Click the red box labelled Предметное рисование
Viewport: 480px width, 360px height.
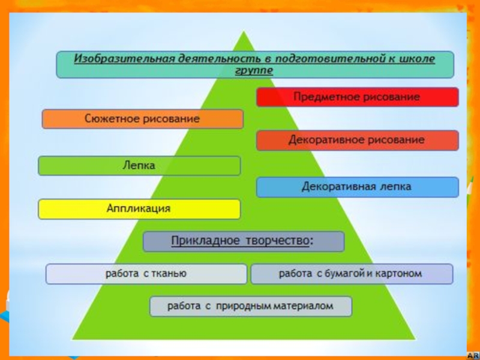click(357, 97)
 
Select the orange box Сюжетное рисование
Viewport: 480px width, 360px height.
click(142, 119)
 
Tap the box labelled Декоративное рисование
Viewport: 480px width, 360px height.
click(357, 140)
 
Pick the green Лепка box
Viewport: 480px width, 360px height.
click(139, 166)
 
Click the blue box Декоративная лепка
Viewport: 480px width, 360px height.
click(357, 187)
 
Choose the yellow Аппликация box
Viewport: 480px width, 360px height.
click(139, 209)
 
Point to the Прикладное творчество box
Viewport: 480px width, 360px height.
click(243, 242)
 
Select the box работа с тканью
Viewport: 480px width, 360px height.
click(146, 274)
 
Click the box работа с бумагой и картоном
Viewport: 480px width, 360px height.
click(351, 274)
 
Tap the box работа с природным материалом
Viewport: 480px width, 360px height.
click(250, 306)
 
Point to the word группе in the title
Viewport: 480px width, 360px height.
click(254, 70)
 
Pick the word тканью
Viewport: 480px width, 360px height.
click(173, 274)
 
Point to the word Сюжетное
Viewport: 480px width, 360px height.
click(109, 119)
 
